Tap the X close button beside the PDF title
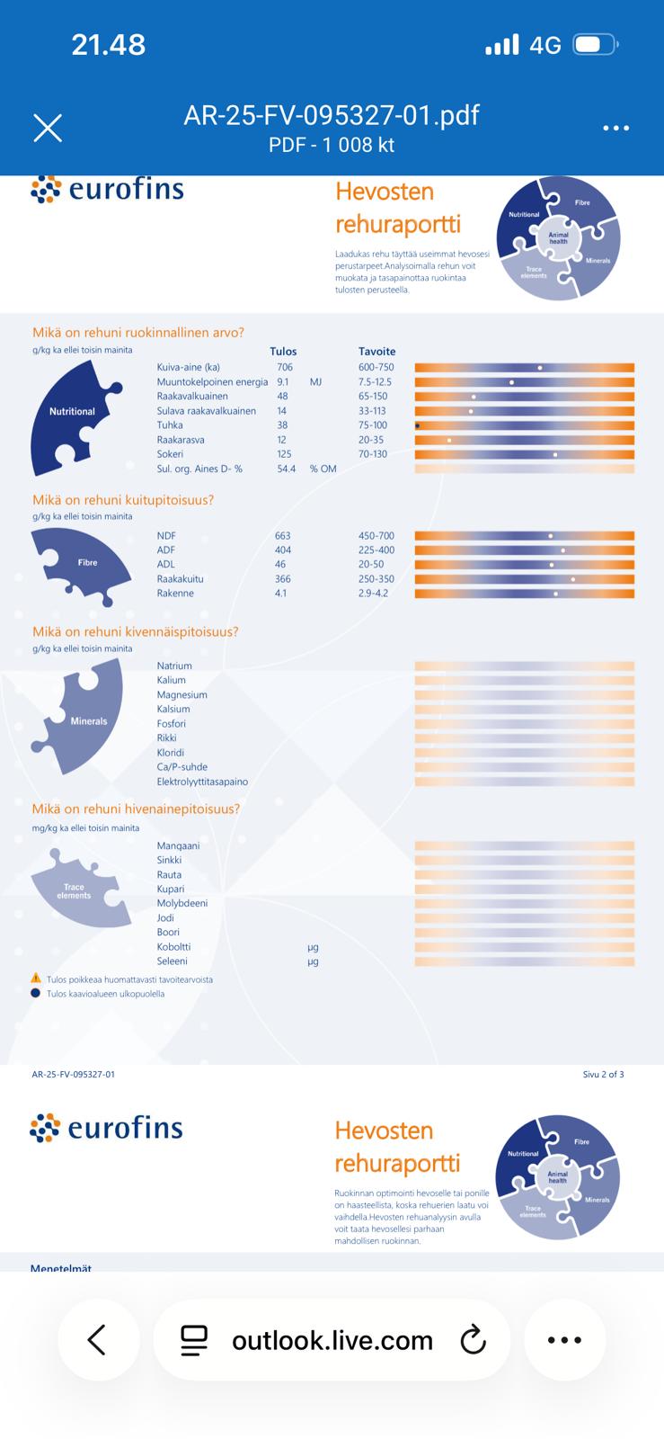click(x=48, y=128)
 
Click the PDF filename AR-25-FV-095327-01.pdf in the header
click(x=331, y=115)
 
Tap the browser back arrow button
click(x=97, y=1339)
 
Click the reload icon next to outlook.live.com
click(x=473, y=1340)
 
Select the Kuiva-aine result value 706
click(x=285, y=367)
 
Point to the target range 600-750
click(x=376, y=367)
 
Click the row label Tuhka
click(x=170, y=425)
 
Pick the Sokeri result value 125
click(x=284, y=454)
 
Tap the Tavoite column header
click(x=376, y=352)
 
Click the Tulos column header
click(x=283, y=352)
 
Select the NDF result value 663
click(x=283, y=535)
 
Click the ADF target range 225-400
click(x=376, y=550)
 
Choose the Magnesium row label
click(x=181, y=694)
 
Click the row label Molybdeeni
click(x=182, y=903)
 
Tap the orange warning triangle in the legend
click(x=36, y=978)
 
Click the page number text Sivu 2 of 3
click(x=603, y=1074)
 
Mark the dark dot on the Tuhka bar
click(x=418, y=425)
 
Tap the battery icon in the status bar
click(x=594, y=45)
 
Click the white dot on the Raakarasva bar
click(x=449, y=440)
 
